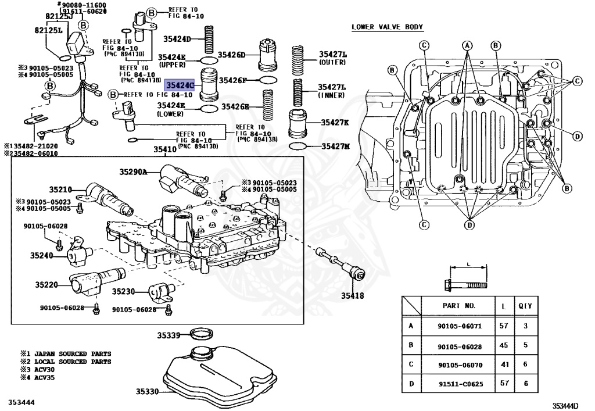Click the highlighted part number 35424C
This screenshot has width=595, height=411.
click(180, 85)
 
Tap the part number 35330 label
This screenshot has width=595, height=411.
click(147, 391)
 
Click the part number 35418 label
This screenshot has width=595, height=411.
click(352, 296)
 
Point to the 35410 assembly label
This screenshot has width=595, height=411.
click(164, 149)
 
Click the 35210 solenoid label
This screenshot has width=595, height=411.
click(60, 190)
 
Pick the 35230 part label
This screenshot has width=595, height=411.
click(123, 291)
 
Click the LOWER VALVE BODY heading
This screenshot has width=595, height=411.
click(388, 27)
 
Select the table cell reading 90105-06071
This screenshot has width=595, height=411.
click(460, 326)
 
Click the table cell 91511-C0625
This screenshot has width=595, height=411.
click(460, 384)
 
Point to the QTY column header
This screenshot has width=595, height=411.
click(525, 305)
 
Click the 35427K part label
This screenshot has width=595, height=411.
click(335, 123)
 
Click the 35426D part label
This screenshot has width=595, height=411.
click(232, 55)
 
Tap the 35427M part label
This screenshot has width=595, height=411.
click(336, 146)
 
